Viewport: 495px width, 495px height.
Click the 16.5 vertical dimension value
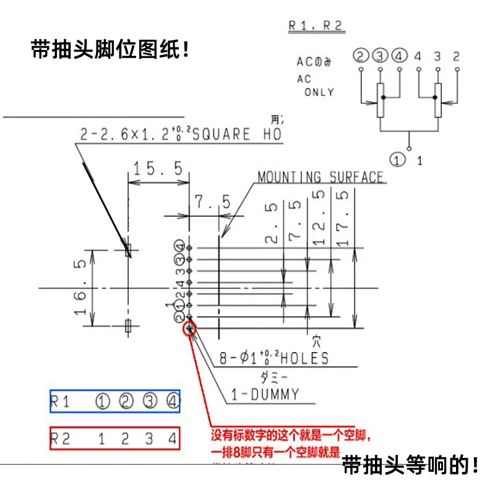coord(80,288)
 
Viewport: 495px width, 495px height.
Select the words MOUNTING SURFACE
coord(321,178)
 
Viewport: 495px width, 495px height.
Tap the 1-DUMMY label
coord(265,394)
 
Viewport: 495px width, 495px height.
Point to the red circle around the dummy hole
coord(190,327)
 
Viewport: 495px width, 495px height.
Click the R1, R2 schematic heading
coord(316,26)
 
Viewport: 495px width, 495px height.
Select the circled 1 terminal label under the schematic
coord(400,160)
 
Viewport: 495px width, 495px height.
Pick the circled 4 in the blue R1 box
coord(173,402)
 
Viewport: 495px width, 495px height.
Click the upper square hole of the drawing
coord(128,250)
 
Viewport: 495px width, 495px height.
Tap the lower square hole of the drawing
coord(128,326)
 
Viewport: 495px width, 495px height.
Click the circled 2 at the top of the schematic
coord(360,56)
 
